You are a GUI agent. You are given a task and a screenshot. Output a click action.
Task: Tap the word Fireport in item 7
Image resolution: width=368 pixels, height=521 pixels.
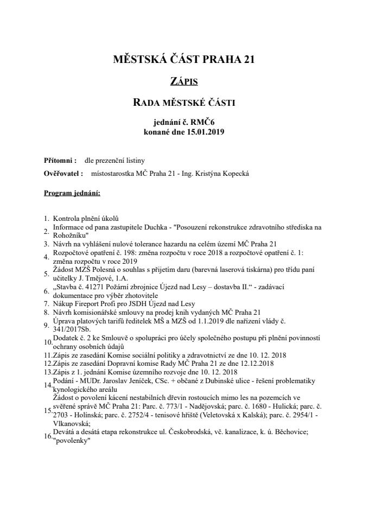[87, 303]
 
